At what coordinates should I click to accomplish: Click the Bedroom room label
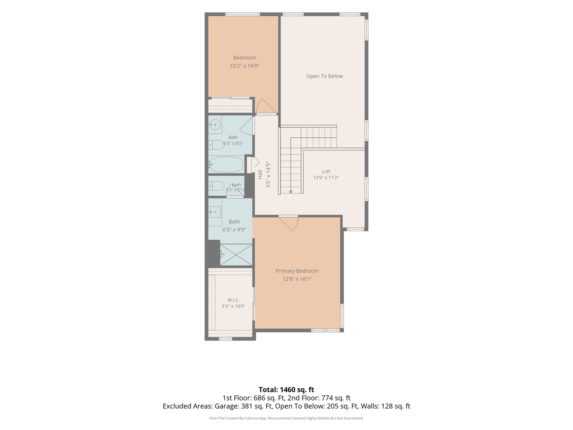click(x=244, y=58)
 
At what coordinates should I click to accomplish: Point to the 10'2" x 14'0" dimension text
click(x=244, y=66)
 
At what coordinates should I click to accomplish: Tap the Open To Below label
click(x=324, y=76)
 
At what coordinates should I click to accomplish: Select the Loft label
click(x=326, y=172)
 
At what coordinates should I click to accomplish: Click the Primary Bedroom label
click(x=297, y=271)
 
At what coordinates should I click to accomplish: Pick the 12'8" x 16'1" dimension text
click(x=297, y=279)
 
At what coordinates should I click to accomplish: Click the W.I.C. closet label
click(x=233, y=300)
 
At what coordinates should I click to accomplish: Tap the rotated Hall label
click(x=260, y=174)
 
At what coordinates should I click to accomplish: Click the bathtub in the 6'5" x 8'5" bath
click(x=226, y=164)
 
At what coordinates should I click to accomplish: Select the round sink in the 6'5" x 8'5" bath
click(x=215, y=125)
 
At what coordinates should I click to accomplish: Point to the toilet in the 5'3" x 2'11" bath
click(x=216, y=186)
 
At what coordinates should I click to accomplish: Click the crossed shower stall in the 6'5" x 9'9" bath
click(x=236, y=254)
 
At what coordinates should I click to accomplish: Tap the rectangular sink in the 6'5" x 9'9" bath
click(x=215, y=212)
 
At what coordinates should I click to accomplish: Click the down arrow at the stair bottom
click(x=290, y=192)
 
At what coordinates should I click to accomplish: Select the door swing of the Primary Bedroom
click(x=288, y=224)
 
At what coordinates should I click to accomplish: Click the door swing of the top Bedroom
click(x=266, y=106)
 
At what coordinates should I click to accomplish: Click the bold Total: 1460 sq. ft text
click(x=286, y=390)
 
